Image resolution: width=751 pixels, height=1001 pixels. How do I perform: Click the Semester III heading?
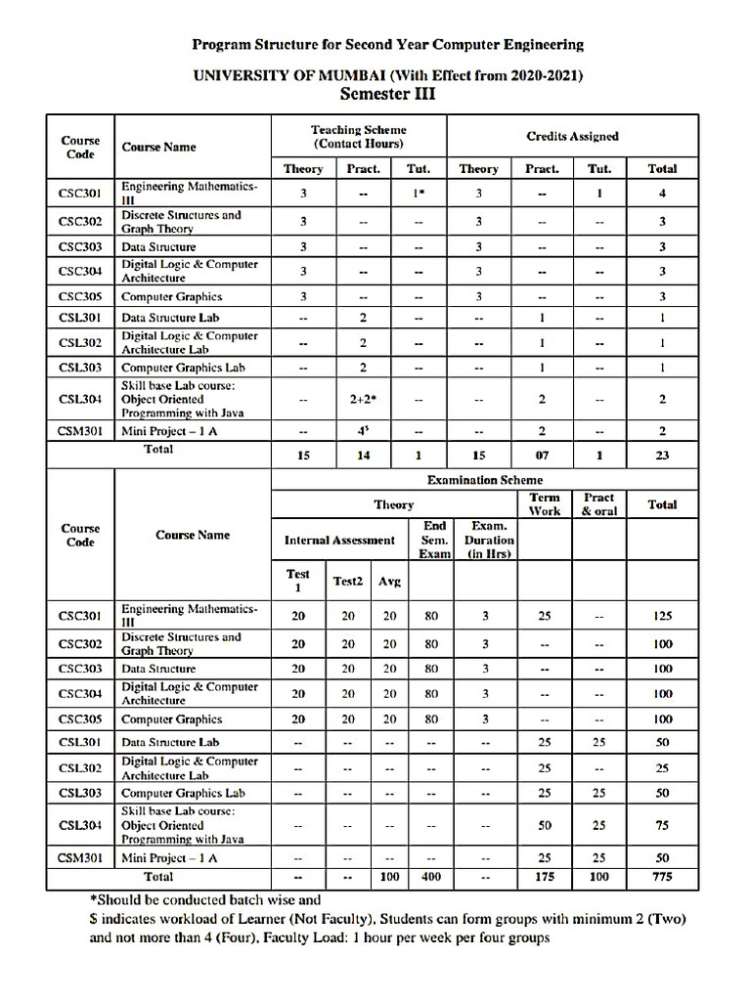click(x=387, y=94)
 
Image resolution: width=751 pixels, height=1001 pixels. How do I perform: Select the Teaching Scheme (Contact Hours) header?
click(x=358, y=136)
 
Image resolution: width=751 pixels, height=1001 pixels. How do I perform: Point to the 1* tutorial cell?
click(x=419, y=194)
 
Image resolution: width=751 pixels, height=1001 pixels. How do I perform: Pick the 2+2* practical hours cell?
click(x=363, y=399)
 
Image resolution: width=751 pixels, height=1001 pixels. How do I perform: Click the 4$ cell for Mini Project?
click(x=363, y=431)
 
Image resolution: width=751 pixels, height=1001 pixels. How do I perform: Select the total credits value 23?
click(x=662, y=456)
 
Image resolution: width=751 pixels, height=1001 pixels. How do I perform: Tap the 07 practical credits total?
click(x=542, y=456)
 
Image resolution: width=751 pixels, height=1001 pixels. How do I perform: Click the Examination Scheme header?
click(x=484, y=480)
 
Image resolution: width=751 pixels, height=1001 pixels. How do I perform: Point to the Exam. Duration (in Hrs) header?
click(x=489, y=540)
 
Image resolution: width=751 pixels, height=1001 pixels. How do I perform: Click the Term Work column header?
click(x=545, y=504)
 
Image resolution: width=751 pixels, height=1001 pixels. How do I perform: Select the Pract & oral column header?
click(x=599, y=504)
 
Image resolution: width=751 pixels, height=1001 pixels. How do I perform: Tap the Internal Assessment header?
click(x=339, y=540)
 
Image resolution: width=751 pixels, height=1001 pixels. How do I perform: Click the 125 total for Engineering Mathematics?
click(x=662, y=617)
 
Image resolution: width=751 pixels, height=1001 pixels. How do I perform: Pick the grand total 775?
click(x=662, y=877)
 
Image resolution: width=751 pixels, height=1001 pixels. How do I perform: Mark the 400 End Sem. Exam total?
click(x=431, y=877)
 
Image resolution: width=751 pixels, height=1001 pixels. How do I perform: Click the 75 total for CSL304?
click(x=662, y=826)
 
